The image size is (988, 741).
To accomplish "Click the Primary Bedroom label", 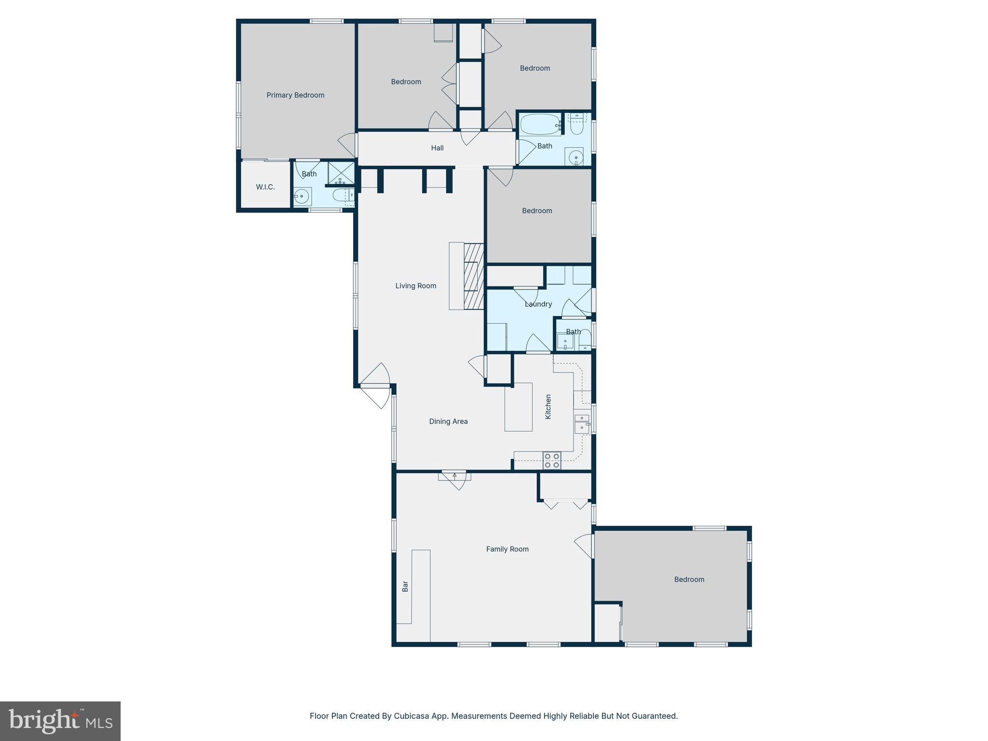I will tap(295, 95).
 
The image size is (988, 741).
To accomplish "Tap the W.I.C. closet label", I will tap(265, 187).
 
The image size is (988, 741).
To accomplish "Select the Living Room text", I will tap(415, 286).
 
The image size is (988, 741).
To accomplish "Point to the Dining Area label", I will tap(448, 421).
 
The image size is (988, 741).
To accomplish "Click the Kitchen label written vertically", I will tap(548, 406).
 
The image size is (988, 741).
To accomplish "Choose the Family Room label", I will tap(507, 549).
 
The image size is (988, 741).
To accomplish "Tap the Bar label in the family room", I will tap(405, 586).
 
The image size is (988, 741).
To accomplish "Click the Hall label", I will tap(437, 148).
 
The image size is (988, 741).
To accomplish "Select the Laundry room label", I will tap(538, 304).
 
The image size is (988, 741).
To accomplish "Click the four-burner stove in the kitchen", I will tap(551, 460).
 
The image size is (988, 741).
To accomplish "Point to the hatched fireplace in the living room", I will tap(474, 276).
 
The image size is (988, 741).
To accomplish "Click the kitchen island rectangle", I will tap(518, 407).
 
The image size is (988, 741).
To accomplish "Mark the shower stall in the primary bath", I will tap(341, 173).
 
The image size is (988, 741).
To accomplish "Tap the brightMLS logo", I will tap(60, 721).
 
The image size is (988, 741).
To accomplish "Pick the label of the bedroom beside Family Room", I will tap(689, 579).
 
